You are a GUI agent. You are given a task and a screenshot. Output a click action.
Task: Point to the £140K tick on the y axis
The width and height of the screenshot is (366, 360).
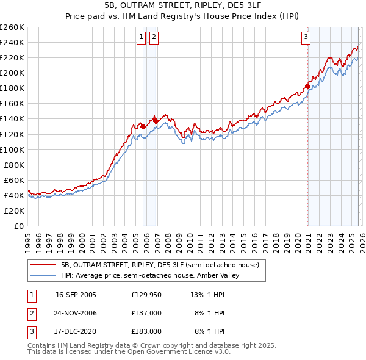coord(12,119)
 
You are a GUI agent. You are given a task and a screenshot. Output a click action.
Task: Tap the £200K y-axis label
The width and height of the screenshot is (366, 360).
coord(12,73)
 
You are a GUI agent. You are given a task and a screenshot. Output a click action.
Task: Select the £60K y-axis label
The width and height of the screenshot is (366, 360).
coord(14,180)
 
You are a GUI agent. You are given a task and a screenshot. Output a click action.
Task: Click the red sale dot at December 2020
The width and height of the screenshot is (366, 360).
coord(307,85)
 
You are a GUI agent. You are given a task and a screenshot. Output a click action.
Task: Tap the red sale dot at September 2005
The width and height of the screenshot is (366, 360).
coord(143,126)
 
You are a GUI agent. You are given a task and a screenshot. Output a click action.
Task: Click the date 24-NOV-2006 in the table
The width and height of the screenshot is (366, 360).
coord(76,313)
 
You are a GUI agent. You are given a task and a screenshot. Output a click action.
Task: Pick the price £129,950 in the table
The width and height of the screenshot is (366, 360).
coord(146,295)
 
